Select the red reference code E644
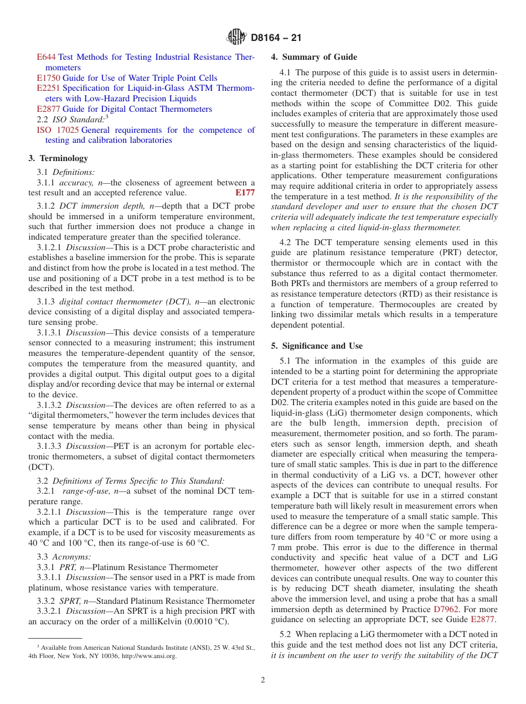(46, 57)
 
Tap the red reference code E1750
(48, 78)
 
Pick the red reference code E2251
(48, 89)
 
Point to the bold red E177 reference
(245, 193)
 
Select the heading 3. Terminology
(58, 158)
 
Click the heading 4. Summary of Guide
(314, 57)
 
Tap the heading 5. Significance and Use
(317, 346)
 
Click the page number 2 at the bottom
(263, 680)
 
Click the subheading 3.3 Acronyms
(64, 557)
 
